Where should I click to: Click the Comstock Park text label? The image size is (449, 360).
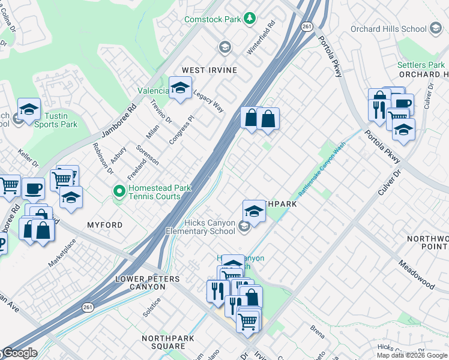[212, 19]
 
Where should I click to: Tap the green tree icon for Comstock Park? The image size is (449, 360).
[249, 19]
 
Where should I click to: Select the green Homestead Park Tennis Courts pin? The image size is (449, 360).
[119, 192]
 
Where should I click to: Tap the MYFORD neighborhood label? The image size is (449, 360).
[104, 225]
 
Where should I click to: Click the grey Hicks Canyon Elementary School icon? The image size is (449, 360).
[244, 226]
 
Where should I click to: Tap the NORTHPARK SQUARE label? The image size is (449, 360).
[163, 343]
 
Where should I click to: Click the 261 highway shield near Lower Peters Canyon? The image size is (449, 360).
[87, 308]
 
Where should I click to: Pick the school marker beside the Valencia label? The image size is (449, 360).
[179, 89]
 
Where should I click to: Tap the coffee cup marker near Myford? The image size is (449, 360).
[33, 188]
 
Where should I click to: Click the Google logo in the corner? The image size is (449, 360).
[19, 353]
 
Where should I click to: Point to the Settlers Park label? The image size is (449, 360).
[421, 65]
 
